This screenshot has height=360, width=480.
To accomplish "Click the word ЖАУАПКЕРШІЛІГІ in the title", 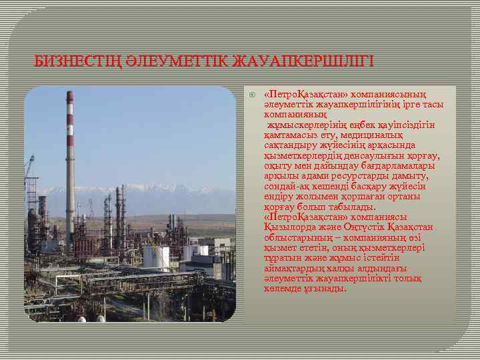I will [302, 61].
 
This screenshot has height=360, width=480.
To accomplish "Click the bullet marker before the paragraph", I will [251, 93].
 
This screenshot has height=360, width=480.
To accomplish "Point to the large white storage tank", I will [156, 257].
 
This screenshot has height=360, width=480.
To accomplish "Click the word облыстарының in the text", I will [294, 237].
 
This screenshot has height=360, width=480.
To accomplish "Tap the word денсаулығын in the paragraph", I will [371, 156].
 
